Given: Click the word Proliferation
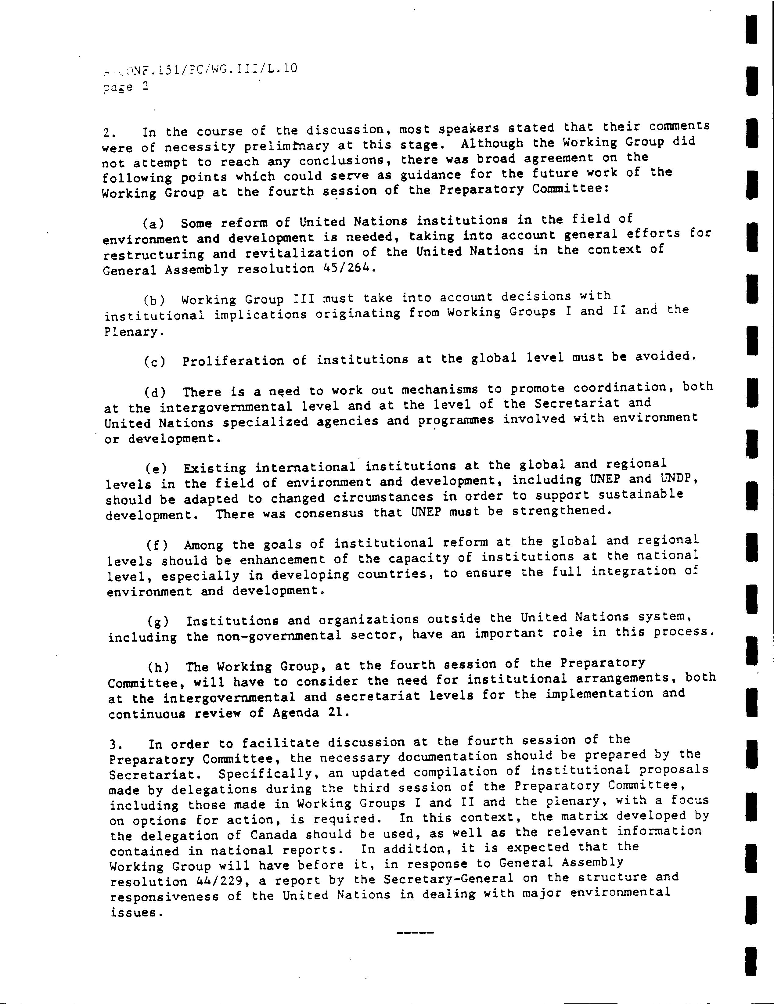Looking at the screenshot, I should [233, 361].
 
